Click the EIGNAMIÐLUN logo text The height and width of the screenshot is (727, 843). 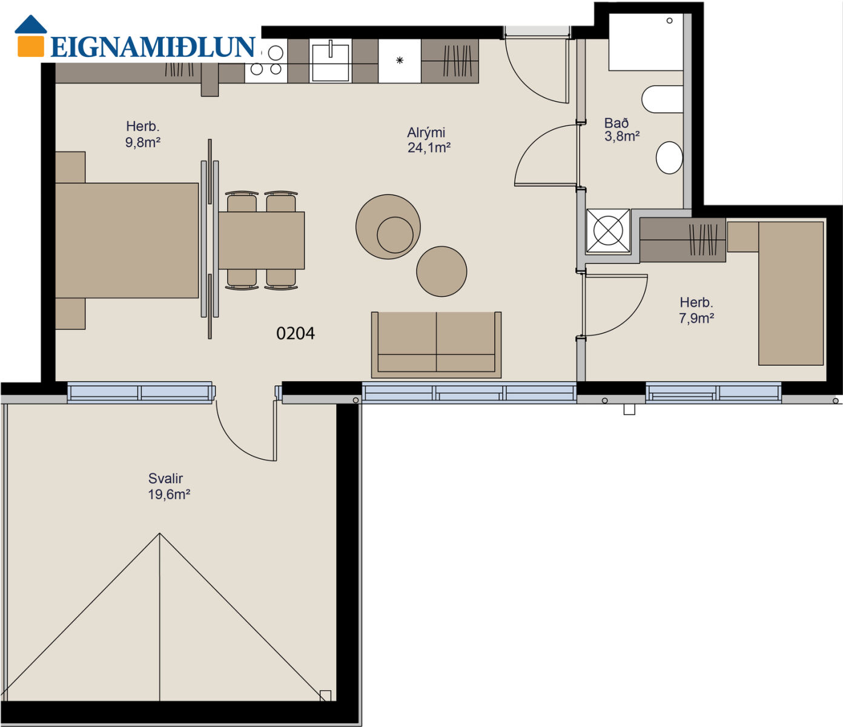point(153,47)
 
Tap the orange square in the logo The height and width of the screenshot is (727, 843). point(31,46)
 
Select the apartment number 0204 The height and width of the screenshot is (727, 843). point(296,333)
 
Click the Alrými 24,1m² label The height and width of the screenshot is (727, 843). point(428,140)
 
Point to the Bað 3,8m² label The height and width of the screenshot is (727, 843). point(621,129)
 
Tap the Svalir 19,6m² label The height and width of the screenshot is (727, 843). point(169,486)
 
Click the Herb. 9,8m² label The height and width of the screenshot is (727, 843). point(142,134)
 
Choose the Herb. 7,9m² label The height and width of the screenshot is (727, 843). point(696,310)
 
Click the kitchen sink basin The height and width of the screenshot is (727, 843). point(330,62)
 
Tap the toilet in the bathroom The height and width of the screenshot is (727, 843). point(663,99)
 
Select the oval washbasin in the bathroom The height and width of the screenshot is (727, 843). point(669,158)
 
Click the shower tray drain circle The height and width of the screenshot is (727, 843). point(669,21)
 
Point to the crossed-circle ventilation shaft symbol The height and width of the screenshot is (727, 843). point(608,231)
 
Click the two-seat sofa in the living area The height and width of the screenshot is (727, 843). point(436,345)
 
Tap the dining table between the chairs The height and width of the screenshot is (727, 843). point(262,241)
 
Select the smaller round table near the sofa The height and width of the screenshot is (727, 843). point(441,271)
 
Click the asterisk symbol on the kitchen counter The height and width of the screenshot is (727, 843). point(400,61)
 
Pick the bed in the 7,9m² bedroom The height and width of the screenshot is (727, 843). point(791,293)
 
